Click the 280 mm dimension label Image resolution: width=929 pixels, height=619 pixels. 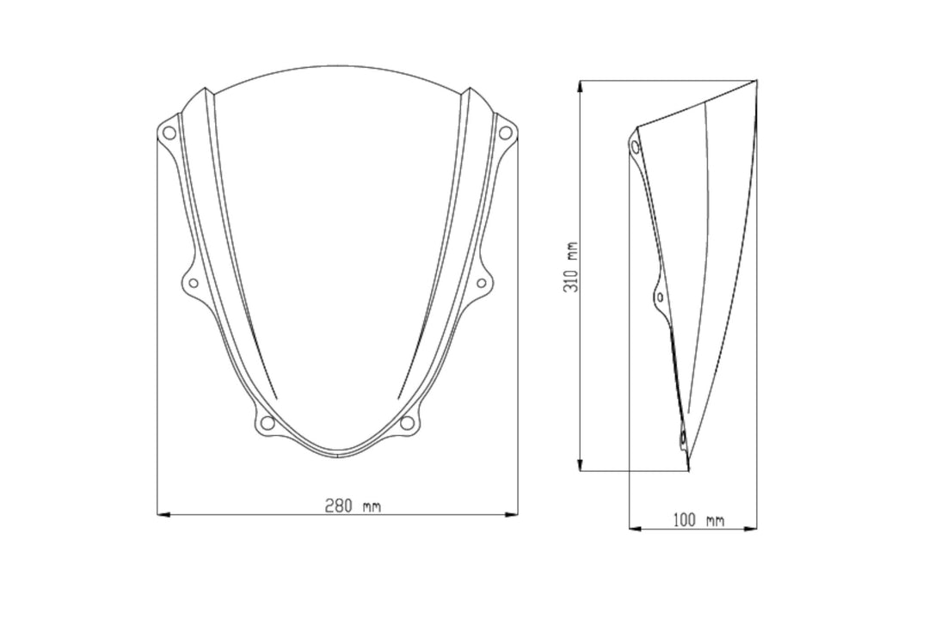coord(353,506)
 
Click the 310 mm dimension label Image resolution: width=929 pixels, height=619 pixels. coord(572,267)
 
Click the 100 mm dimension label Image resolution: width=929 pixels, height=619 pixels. coord(698,521)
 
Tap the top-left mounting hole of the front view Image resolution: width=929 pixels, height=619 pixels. coord(169,132)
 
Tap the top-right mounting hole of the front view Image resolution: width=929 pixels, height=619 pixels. coord(505,132)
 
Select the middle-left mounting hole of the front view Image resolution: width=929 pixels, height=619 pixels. coord(194,283)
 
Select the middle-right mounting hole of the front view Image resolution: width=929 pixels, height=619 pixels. coord(481,283)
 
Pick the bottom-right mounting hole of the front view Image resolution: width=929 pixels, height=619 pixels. coord(407,423)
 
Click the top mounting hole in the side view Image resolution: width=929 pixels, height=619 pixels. coord(635,146)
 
